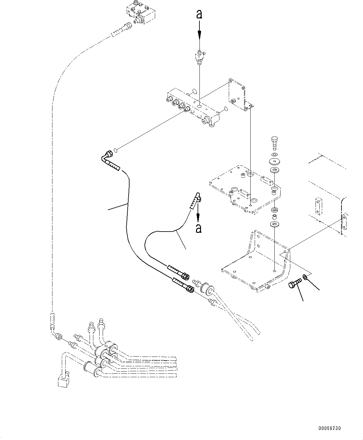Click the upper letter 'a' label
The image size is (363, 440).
point(199,14)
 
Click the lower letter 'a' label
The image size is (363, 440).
point(198,228)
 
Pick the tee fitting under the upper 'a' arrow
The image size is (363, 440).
point(199,57)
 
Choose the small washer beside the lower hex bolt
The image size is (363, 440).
point(306,277)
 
